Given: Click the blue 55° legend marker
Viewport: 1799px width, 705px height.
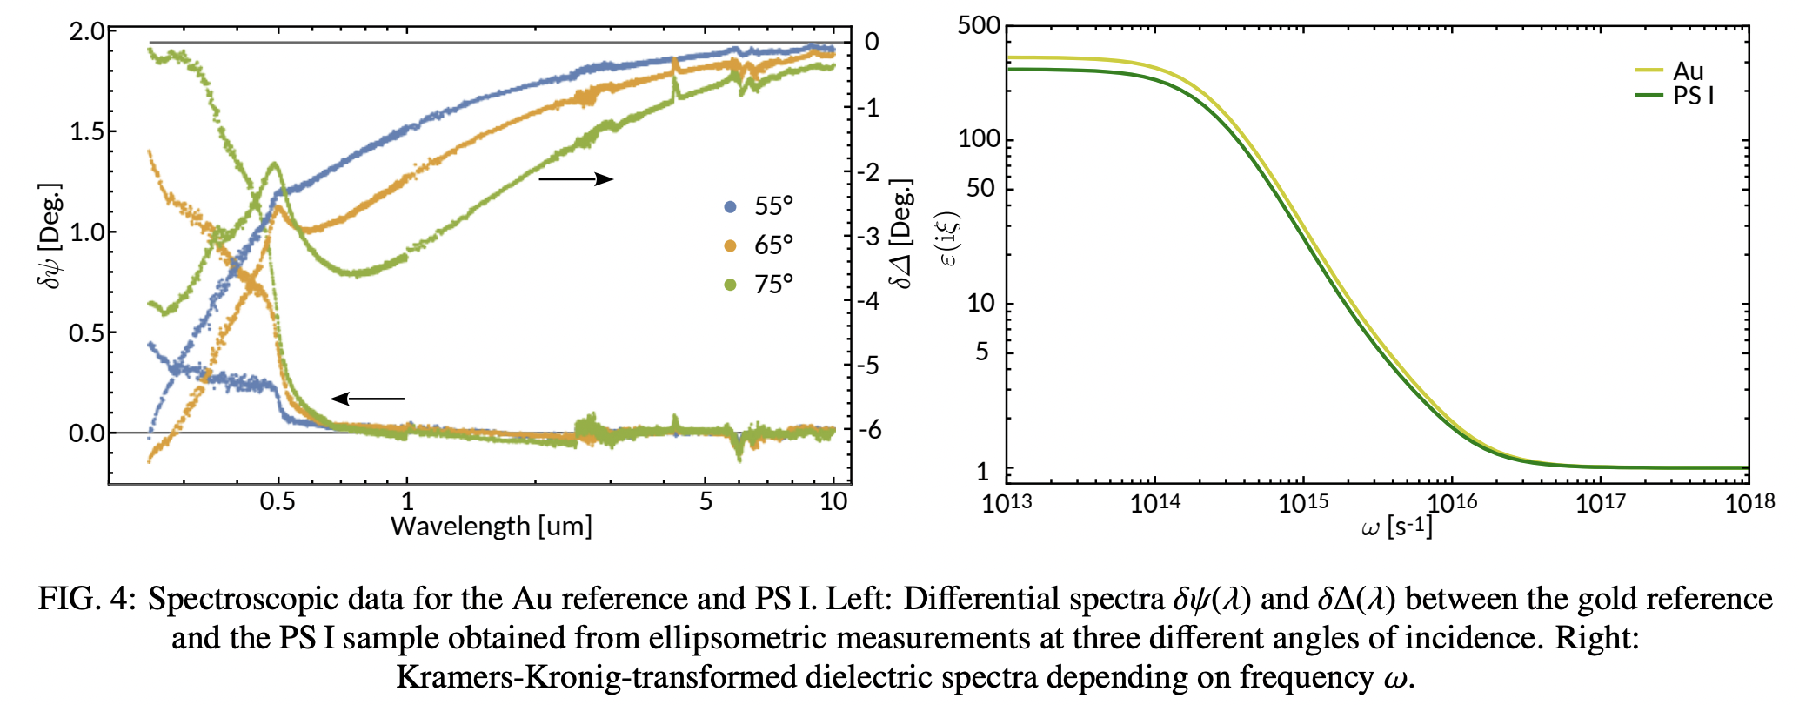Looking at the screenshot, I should tap(731, 206).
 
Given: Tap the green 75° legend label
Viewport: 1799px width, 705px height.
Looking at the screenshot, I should tap(773, 285).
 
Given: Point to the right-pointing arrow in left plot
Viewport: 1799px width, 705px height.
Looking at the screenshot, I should tap(576, 179).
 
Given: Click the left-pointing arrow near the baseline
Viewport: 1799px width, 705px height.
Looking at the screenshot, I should tap(367, 399).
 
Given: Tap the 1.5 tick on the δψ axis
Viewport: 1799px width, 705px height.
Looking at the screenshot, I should tap(86, 131).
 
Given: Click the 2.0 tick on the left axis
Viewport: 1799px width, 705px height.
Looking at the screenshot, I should tap(86, 32).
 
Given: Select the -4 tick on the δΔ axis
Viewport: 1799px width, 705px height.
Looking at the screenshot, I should tap(868, 301).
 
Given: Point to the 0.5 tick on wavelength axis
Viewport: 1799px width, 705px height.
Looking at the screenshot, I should tap(278, 501).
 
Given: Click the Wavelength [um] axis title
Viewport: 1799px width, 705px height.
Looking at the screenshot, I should tap(492, 527).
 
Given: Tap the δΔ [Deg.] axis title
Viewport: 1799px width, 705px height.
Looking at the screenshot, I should tap(901, 233).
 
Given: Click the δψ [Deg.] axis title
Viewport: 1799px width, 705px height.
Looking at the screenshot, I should tap(50, 235).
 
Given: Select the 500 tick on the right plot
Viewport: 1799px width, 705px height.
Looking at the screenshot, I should tap(979, 25).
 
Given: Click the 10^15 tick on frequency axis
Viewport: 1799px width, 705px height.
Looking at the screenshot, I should tap(1302, 504).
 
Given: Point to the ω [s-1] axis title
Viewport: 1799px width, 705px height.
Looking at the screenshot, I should tap(1396, 527).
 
